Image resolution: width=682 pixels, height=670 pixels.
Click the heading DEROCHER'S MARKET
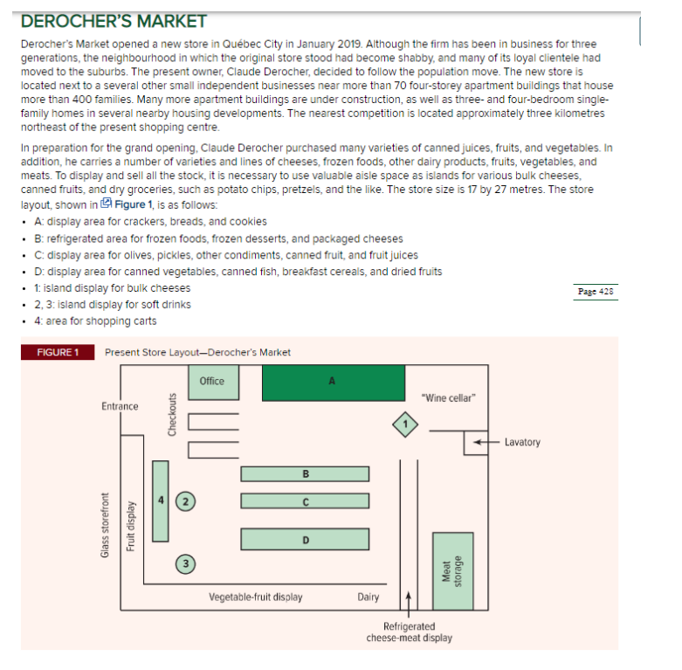click(114, 21)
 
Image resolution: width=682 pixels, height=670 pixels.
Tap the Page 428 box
click(597, 292)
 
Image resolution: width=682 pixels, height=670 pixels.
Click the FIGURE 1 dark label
click(57, 352)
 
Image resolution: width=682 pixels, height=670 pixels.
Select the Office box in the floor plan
click(212, 383)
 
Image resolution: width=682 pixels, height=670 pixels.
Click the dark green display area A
click(333, 383)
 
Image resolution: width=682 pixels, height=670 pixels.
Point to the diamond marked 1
click(404, 424)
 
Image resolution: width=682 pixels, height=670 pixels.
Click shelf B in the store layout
click(305, 474)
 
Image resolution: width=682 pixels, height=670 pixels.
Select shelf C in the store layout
click(305, 501)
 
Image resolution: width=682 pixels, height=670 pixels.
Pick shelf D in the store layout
click(305, 539)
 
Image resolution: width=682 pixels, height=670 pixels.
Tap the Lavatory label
click(522, 442)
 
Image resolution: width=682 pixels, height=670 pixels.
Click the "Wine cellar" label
click(448, 398)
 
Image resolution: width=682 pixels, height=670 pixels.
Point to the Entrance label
click(120, 406)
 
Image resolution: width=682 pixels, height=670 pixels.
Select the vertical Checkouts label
click(172, 416)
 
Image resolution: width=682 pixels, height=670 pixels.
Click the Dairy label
click(368, 597)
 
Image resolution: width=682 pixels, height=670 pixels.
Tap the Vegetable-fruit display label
click(256, 597)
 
